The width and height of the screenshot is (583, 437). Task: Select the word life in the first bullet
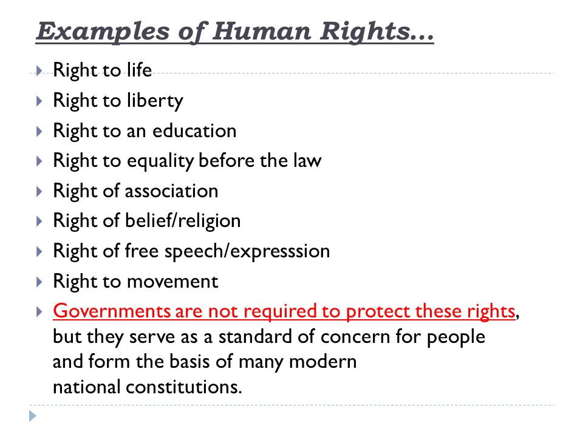[x=140, y=69]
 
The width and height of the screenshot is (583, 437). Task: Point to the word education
[x=194, y=130]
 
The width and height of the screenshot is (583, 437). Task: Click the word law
[x=307, y=160]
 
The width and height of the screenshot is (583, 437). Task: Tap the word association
[x=172, y=191]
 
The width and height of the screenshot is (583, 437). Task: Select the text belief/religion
[x=183, y=222]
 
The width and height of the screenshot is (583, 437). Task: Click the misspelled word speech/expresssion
[x=247, y=251]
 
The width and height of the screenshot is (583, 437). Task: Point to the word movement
[x=172, y=281]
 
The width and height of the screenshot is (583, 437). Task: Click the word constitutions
[x=184, y=387]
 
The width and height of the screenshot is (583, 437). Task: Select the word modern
[x=322, y=362]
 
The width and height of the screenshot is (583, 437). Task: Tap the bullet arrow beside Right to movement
[x=39, y=282]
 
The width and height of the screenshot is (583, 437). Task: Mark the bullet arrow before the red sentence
[x=39, y=311]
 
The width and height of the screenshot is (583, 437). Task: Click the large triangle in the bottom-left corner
[x=33, y=416]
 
